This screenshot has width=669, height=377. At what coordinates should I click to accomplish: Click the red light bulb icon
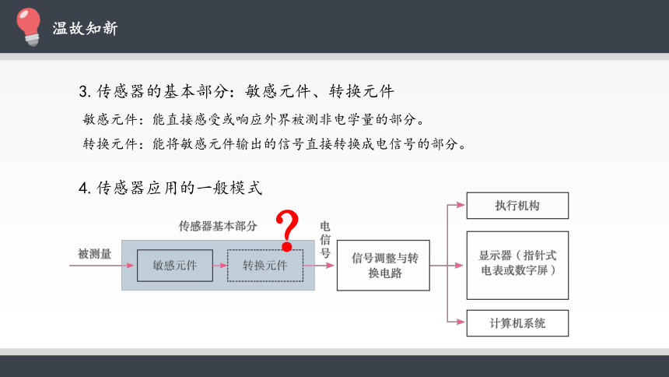pyautogui.click(x=29, y=26)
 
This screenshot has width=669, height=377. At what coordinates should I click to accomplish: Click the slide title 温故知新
pyautogui.click(x=85, y=28)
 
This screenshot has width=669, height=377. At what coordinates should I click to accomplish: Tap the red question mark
pyautogui.click(x=287, y=231)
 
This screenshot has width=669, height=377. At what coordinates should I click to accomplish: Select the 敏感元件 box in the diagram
pyautogui.click(x=175, y=266)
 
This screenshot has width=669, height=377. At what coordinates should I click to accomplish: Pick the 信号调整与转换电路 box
pyautogui.click(x=384, y=266)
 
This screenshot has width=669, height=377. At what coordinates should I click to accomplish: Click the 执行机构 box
pyautogui.click(x=517, y=206)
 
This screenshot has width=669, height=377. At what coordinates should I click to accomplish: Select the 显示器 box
pyautogui.click(x=517, y=266)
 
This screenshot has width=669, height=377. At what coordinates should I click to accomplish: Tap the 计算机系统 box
pyautogui.click(x=517, y=323)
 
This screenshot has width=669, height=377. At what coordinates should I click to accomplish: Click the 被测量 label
pyautogui.click(x=94, y=254)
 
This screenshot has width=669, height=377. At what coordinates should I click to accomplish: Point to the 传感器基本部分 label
pyautogui.click(x=218, y=226)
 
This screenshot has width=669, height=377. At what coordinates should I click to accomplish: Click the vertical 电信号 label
pyautogui.click(x=325, y=240)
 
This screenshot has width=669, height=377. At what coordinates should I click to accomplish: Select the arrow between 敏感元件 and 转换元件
pyautogui.click(x=220, y=266)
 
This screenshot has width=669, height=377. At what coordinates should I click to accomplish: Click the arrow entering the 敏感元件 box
pyautogui.click(x=102, y=266)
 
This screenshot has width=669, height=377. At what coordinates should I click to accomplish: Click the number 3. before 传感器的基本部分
pyautogui.click(x=85, y=91)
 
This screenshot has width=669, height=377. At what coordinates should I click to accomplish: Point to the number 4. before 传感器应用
pyautogui.click(x=85, y=188)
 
